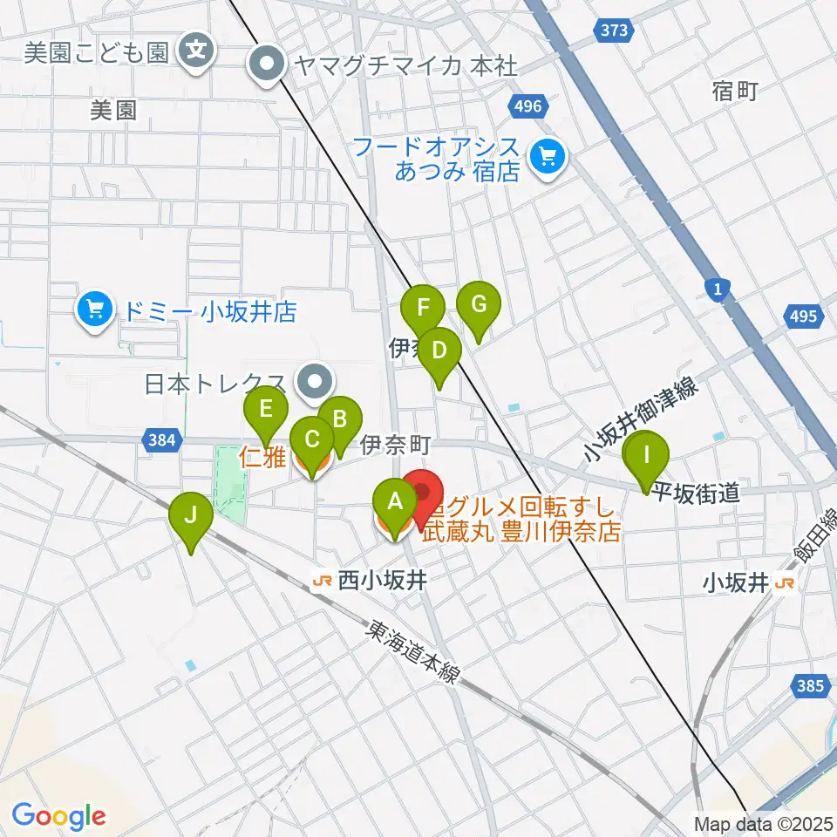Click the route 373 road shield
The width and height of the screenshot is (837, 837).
614,31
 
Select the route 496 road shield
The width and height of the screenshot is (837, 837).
528,106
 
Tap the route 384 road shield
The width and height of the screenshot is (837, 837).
160,442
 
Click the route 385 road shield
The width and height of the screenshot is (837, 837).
810,686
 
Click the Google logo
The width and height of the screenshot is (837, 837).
59,815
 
